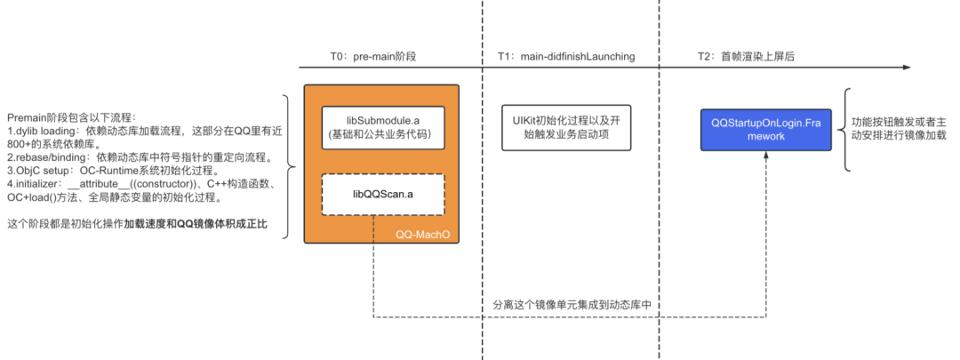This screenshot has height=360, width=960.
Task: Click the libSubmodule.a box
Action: tap(381, 126)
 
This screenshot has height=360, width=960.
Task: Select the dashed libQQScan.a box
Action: tap(381, 194)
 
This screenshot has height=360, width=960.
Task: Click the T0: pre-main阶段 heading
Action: tap(373, 56)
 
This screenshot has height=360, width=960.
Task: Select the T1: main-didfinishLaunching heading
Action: tap(566, 56)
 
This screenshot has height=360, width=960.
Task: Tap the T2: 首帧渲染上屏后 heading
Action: tap(746, 56)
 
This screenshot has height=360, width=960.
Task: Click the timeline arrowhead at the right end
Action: tap(906, 68)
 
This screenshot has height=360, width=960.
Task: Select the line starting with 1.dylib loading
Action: tap(148, 132)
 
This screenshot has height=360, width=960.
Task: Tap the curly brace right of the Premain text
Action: tap(286, 166)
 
